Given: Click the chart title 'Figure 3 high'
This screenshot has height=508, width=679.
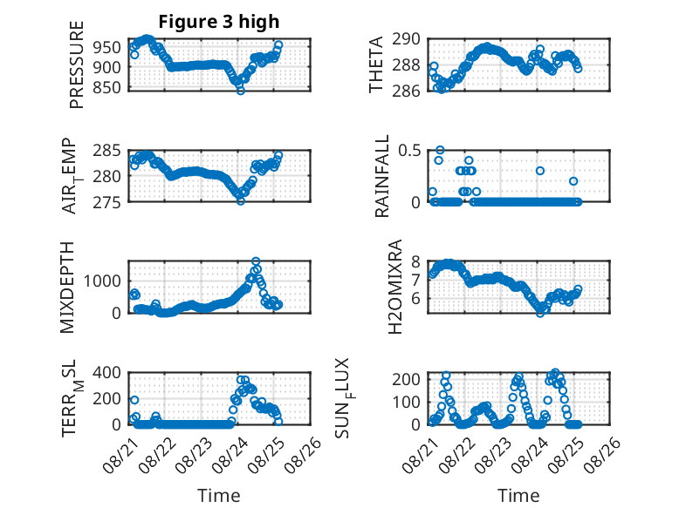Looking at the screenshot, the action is pos(219,22).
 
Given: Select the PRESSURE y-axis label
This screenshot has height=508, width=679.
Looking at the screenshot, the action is pos(76,64).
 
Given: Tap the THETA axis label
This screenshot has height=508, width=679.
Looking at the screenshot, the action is pos(376,64).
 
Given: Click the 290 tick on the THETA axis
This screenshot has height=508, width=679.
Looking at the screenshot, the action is pos(406,39).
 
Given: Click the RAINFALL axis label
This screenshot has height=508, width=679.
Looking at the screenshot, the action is pos(382,176).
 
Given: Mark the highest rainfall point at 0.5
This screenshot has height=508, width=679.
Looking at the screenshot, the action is pos(440,150).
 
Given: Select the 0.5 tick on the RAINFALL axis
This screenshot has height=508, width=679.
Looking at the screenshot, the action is pos(409,151).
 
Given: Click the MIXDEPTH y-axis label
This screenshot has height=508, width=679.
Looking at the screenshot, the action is pos(67,288).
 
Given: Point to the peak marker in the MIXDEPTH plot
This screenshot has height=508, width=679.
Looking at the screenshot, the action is pos(256,261).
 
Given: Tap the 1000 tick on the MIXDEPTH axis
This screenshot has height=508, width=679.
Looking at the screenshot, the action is pos(103,281).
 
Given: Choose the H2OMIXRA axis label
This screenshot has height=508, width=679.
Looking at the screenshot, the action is pos(395,287).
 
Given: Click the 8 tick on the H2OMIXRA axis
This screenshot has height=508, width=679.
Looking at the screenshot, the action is pos(416,261).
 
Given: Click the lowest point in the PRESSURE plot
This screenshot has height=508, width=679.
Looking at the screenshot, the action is pos(241,91).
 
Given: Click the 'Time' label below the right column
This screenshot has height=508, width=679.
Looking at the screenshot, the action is pos(518,496).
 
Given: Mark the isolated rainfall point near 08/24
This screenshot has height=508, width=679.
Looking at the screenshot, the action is pos(540,171).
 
